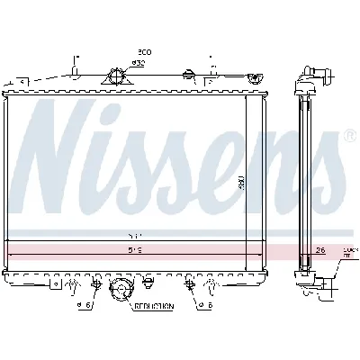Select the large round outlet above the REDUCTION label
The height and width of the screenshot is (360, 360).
(118, 290)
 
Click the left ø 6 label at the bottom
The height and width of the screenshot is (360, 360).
(85, 305)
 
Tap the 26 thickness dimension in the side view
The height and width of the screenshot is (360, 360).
(320, 251)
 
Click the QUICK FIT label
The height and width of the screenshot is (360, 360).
(347, 251)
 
